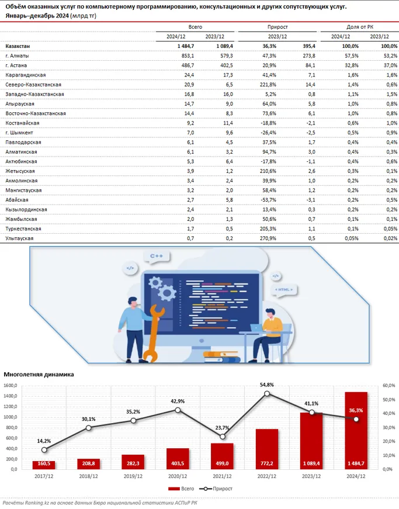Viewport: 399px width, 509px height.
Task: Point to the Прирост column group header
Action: pyautogui.click(x=277, y=27)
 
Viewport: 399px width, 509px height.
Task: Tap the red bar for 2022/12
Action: pyautogui.click(x=266, y=449)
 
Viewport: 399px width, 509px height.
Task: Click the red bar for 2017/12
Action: pyautogui.click(x=44, y=465)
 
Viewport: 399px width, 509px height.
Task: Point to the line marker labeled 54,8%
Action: pyautogui.click(x=266, y=393)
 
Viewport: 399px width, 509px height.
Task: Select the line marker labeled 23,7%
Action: pyautogui.click(x=222, y=437)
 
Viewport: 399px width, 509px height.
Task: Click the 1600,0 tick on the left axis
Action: pyautogui.click(x=12, y=386)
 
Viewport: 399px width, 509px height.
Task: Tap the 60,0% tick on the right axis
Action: pyautogui.click(x=389, y=386)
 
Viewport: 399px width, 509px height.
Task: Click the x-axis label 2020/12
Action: pyautogui.click(x=178, y=476)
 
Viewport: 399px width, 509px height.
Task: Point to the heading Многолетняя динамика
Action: pyautogui.click(x=39, y=375)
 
